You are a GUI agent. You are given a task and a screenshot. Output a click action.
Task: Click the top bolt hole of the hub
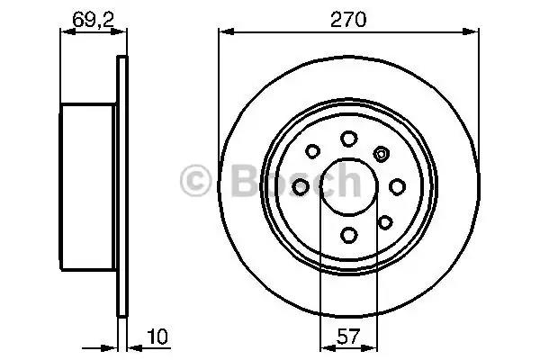point(348,138)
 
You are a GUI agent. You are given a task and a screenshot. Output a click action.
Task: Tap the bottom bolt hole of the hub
point(348,236)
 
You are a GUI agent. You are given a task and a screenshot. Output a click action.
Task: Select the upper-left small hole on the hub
point(313,152)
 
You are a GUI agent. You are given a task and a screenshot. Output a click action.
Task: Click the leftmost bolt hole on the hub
point(300,186)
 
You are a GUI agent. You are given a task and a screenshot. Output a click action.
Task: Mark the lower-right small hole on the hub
point(384,221)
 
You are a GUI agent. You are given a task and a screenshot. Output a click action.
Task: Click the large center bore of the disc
point(348,187)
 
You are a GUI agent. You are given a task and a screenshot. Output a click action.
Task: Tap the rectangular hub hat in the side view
point(88,186)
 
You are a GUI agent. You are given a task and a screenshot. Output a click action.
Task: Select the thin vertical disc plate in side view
point(121,186)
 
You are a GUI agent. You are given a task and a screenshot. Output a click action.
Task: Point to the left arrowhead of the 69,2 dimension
point(65,31)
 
